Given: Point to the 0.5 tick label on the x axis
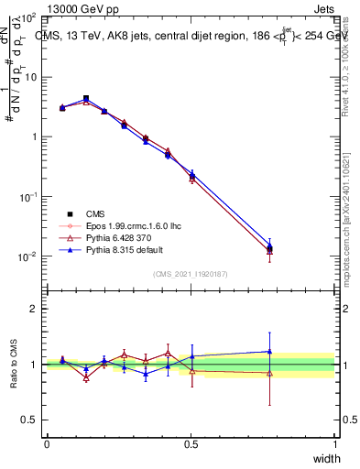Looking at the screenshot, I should point(190,443).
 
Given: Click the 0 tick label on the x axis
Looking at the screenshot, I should point(47,443).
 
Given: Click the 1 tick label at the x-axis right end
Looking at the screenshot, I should point(335,443).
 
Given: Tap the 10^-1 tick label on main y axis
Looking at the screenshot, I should point(27,197).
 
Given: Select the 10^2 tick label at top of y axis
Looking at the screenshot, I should point(27,18).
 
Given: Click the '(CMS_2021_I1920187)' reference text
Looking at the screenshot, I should point(191,273).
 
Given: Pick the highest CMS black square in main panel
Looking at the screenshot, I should point(86,98).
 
